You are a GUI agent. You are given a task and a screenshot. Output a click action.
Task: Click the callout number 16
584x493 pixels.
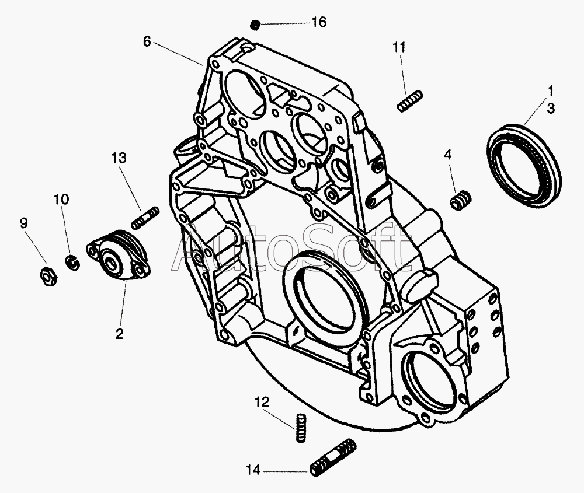(x=319, y=22)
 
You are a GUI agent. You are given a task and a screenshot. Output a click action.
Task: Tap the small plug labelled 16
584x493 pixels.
(x=255, y=25)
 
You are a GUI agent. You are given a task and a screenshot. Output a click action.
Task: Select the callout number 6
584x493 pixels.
(x=147, y=41)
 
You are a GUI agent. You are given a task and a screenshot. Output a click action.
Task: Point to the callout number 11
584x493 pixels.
(x=399, y=47)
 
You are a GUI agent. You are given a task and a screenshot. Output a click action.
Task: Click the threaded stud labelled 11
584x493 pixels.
(x=409, y=101)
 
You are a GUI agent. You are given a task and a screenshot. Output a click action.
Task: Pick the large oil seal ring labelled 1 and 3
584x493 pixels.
(x=524, y=166)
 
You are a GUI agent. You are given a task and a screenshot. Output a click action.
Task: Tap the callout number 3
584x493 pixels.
(x=551, y=109)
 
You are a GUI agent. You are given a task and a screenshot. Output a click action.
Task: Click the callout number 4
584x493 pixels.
(x=448, y=154)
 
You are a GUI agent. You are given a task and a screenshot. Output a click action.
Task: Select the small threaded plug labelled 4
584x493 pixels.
(x=460, y=200)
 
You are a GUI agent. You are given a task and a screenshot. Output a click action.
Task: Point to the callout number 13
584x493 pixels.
(x=119, y=158)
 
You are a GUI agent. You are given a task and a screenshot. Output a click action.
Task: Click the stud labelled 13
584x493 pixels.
(x=145, y=218)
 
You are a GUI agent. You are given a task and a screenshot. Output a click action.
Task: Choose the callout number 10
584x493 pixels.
(x=61, y=200)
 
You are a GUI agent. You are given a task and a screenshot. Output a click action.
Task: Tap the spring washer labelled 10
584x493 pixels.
(x=72, y=263)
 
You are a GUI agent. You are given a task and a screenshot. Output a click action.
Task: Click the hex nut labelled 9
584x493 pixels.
(x=48, y=276)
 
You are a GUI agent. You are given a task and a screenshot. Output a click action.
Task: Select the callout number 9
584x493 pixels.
(x=23, y=223)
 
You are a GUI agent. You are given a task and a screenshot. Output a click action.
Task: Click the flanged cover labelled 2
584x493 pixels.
(x=117, y=254)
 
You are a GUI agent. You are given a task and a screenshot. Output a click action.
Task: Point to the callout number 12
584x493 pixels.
(x=262, y=402)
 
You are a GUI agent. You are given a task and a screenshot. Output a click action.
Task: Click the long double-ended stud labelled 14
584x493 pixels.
(x=333, y=457)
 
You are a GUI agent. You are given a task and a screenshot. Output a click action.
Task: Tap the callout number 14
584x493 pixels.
(x=253, y=470)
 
